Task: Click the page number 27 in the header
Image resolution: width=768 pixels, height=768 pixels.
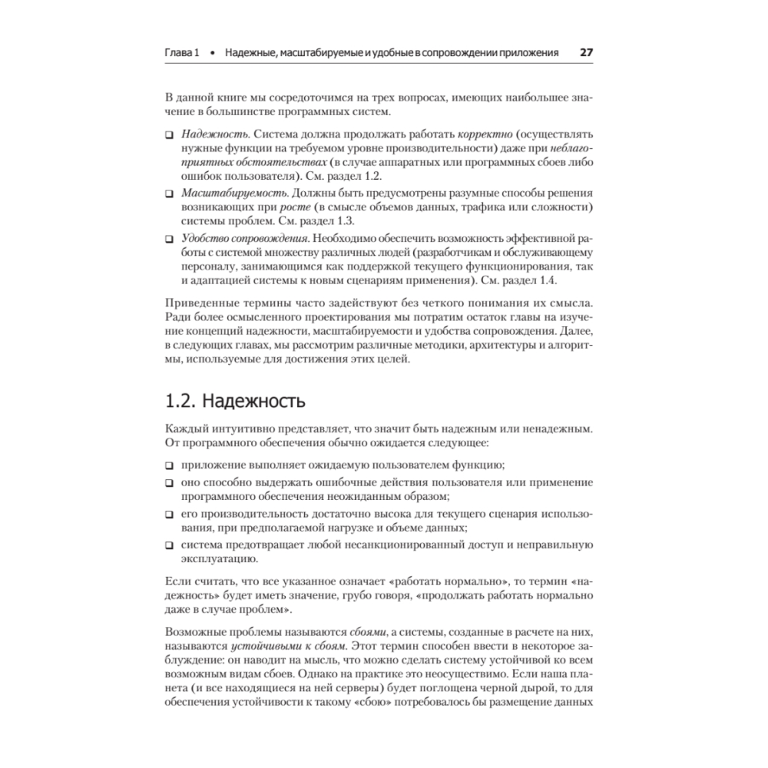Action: point(586,53)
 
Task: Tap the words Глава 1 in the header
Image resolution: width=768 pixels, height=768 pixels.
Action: point(183,54)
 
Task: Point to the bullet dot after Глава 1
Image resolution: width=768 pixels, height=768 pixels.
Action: point(213,54)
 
